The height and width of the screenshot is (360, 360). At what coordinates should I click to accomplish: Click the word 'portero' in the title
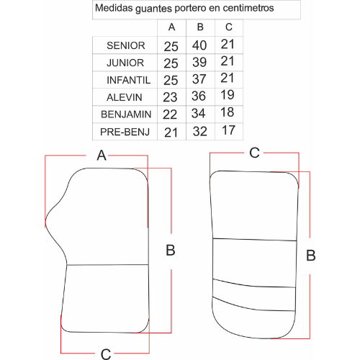coord(190,9)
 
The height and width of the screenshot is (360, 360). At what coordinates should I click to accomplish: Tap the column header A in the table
coord(171,27)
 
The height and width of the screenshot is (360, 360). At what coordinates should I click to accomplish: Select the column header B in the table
coord(200,27)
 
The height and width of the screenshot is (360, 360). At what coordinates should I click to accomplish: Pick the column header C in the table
coord(229,27)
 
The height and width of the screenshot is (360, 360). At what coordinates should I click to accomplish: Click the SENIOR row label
coord(126,45)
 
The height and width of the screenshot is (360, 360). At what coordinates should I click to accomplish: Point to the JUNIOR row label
coord(125,63)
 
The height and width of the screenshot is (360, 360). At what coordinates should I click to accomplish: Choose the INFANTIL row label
coord(128,80)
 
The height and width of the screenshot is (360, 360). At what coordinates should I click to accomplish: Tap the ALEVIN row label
coord(125,97)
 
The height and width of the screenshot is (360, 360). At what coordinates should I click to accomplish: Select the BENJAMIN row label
coord(126,114)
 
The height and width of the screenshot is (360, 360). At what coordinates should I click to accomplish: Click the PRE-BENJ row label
coord(125,132)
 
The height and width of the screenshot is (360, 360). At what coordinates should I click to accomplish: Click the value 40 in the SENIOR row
coord(199,45)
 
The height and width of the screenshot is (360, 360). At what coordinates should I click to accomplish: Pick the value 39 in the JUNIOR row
coord(199,63)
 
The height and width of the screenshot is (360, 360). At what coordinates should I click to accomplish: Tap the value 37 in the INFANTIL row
coord(199,79)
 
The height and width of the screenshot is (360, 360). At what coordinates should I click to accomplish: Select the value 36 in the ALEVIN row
coord(199,96)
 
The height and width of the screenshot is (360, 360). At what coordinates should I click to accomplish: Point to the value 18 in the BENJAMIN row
coord(227,112)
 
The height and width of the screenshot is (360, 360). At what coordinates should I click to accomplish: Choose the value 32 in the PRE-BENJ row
coord(200,132)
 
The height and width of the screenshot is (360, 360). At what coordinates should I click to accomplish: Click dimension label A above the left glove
coord(102,156)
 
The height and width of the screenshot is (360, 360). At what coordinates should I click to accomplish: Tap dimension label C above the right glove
coord(254,153)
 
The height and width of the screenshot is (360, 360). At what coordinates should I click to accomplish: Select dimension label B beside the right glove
coord(311,256)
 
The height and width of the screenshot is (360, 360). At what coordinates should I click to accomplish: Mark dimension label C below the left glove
coord(106,354)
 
